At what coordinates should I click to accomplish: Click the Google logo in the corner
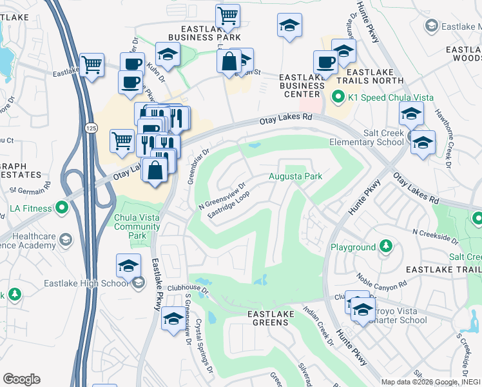[21, 379]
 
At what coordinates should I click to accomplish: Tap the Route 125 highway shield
[91, 122]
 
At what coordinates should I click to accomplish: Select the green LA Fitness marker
[61, 208]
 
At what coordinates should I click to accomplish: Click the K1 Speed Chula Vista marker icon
[336, 98]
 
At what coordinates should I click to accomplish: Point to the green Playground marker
[385, 247]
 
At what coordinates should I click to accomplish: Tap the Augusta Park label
[295, 176]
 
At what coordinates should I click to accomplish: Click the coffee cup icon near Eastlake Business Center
[325, 63]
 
